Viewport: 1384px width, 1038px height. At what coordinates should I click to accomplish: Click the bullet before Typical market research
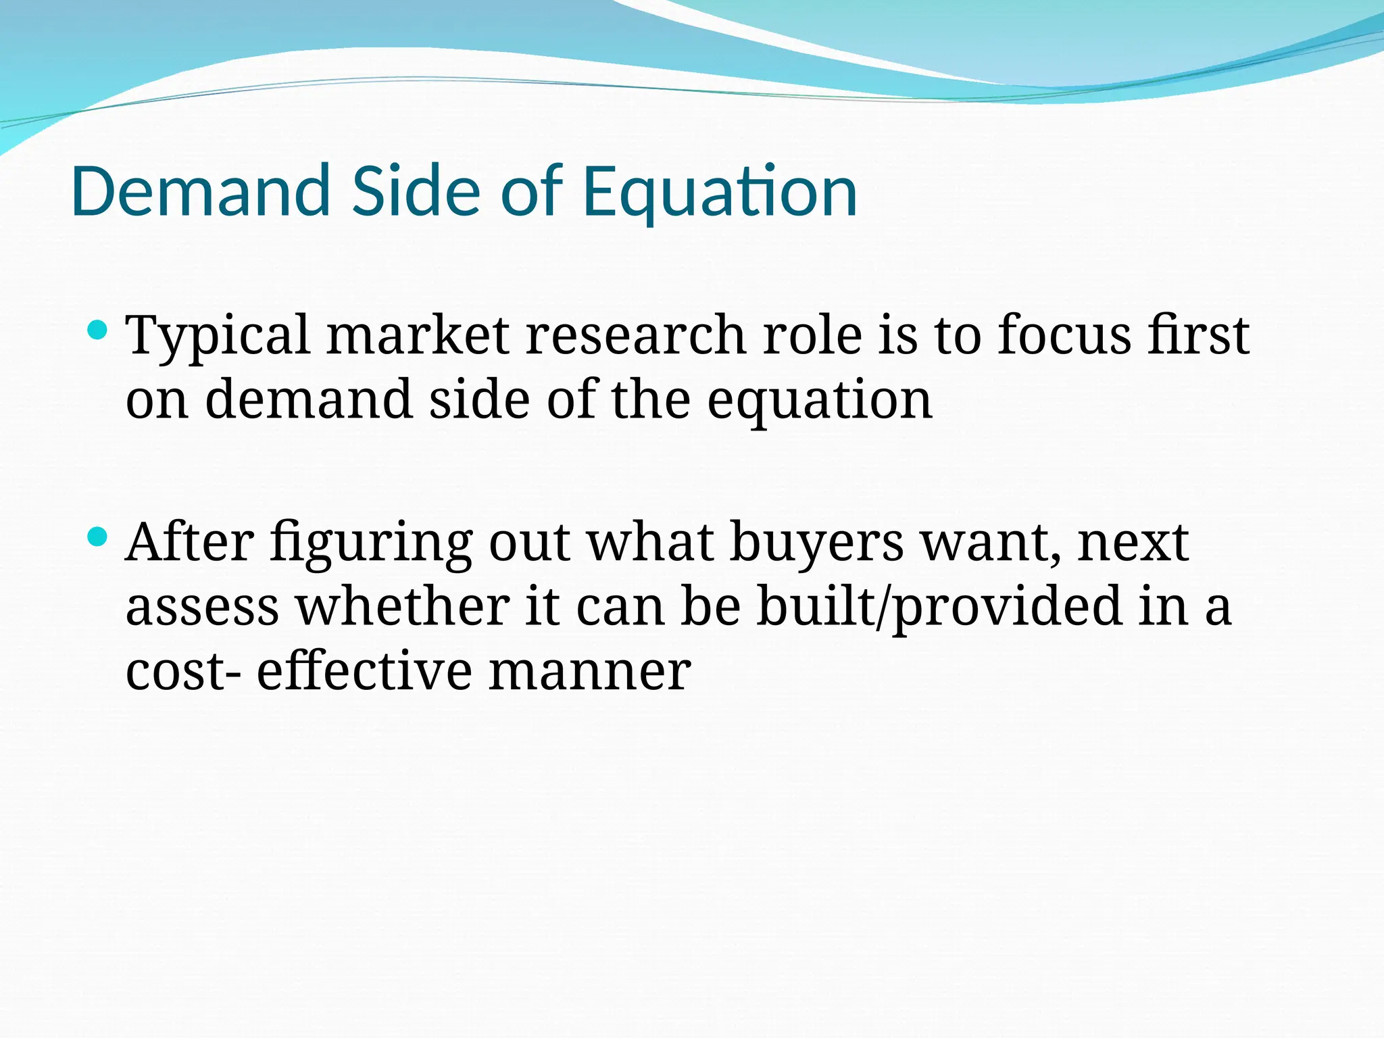tap(98, 330)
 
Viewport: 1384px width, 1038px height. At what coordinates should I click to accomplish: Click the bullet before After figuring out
tap(98, 537)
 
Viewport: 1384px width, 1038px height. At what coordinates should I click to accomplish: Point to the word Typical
tap(218, 336)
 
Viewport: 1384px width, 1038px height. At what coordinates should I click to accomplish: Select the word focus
tap(1064, 336)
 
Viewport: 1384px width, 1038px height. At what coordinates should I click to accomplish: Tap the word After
tap(190, 542)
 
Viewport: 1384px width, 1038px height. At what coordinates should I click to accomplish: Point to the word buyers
tap(816, 543)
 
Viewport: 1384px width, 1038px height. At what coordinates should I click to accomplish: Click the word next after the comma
tap(1133, 543)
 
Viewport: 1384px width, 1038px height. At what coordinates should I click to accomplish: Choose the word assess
tap(202, 608)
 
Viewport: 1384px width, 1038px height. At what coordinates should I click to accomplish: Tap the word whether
tap(403, 606)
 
